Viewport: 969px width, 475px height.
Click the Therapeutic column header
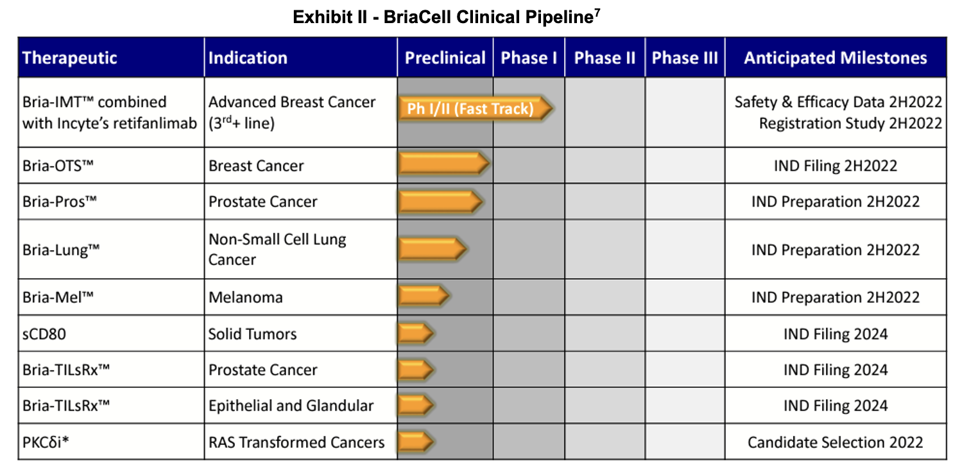pyautogui.click(x=70, y=58)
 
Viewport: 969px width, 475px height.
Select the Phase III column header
pyautogui.click(x=685, y=58)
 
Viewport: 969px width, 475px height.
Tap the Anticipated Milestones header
pyautogui.click(x=836, y=58)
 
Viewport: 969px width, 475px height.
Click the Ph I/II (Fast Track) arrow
pyautogui.click(x=475, y=108)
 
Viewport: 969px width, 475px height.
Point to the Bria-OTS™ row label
pyautogui.click(x=58, y=166)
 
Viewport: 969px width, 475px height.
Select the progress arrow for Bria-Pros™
pyautogui.click(x=440, y=202)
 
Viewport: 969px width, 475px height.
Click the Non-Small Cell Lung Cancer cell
pyautogui.click(x=277, y=249)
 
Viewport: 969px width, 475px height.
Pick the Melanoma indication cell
pyautogui.click(x=246, y=297)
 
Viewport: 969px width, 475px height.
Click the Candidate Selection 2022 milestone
pyautogui.click(x=836, y=442)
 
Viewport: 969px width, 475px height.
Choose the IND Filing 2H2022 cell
pyautogui.click(x=836, y=166)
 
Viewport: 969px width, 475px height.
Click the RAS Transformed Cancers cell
pyautogui.click(x=296, y=442)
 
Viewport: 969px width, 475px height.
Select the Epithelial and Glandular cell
pyautogui.click(x=291, y=406)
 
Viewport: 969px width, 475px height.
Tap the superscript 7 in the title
pyautogui.click(x=597, y=12)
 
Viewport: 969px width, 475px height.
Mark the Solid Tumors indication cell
pyautogui.click(x=253, y=334)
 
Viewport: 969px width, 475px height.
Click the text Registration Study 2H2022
pyautogui.click(x=850, y=123)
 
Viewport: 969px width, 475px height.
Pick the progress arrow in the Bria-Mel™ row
pyautogui.click(x=424, y=297)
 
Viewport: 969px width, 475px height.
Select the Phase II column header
pyautogui.click(x=605, y=58)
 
